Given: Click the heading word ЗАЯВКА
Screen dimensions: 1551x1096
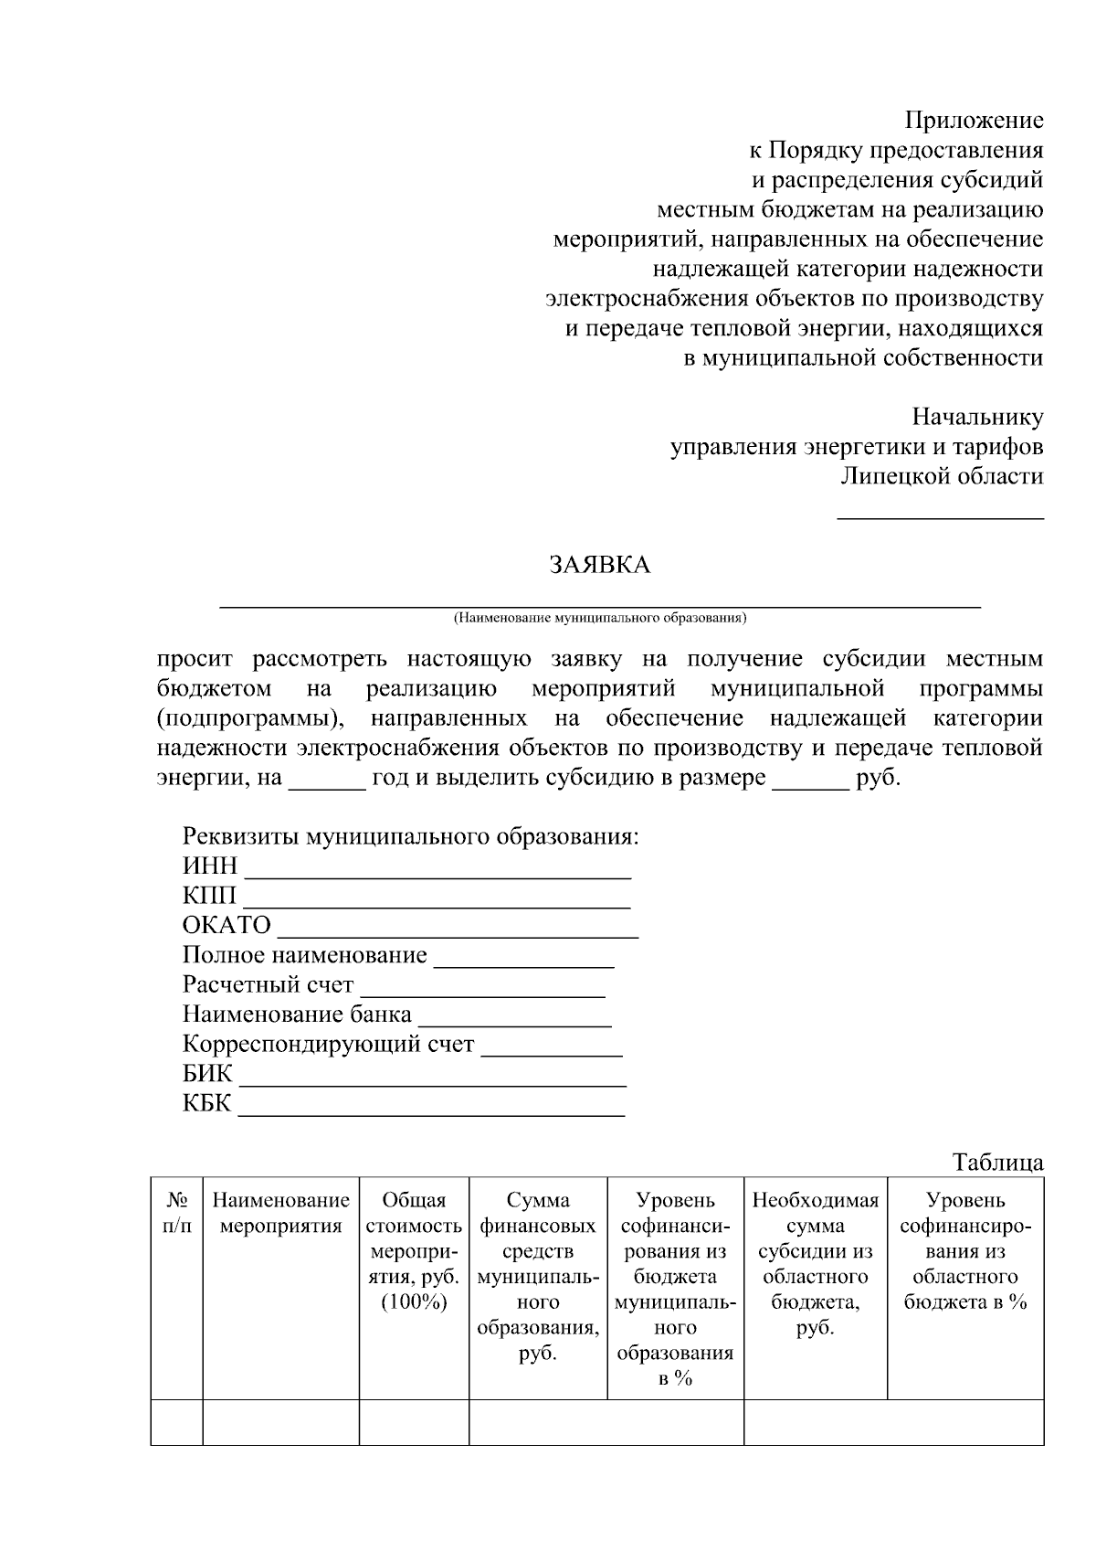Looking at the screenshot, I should (599, 566).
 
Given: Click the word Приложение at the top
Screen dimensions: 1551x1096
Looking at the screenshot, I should (974, 121).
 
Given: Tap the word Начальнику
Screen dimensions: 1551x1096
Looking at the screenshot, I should (977, 418).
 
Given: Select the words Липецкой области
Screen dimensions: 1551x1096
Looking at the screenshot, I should (942, 476).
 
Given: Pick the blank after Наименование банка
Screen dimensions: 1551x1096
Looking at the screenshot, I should (514, 1022).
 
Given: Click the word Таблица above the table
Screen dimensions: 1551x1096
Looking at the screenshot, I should (997, 1163).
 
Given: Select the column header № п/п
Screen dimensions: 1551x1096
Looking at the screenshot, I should (177, 1213).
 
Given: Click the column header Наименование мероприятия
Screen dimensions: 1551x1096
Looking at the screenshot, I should (280, 1213).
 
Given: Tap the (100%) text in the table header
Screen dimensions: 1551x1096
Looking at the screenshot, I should (414, 1302).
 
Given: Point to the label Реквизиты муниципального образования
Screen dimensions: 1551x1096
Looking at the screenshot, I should (410, 836).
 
